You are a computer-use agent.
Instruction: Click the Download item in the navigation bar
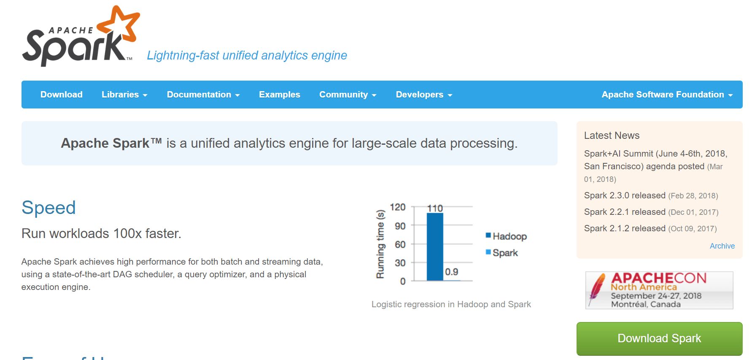pyautogui.click(x=62, y=95)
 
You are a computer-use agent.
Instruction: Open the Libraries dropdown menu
pyautogui.click(x=124, y=95)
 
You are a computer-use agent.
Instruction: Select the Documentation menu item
pyautogui.click(x=203, y=95)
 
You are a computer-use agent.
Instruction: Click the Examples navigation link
pyautogui.click(x=280, y=95)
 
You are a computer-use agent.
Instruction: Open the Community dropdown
pyautogui.click(x=348, y=95)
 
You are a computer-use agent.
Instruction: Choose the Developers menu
pyautogui.click(x=424, y=95)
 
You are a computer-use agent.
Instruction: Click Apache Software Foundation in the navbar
pyautogui.click(x=667, y=95)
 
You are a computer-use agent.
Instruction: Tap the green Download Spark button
pyautogui.click(x=659, y=338)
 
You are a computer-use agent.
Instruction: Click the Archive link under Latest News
pyautogui.click(x=722, y=246)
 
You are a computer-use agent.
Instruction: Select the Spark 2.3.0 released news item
pyautogui.click(x=625, y=195)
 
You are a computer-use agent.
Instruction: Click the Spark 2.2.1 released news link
pyautogui.click(x=625, y=212)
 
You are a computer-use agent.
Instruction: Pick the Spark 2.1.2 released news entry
pyautogui.click(x=625, y=228)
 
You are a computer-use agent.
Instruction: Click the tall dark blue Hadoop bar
pyautogui.click(x=435, y=247)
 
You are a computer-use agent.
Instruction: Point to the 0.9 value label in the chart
pyautogui.click(x=452, y=272)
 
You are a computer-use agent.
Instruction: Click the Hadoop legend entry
pyautogui.click(x=506, y=236)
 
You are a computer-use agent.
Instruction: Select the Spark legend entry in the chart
pyautogui.click(x=502, y=253)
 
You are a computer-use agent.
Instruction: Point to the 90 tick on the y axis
pyautogui.click(x=400, y=226)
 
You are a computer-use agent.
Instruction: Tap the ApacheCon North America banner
pyautogui.click(x=659, y=290)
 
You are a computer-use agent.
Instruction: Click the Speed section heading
pyautogui.click(x=49, y=208)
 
